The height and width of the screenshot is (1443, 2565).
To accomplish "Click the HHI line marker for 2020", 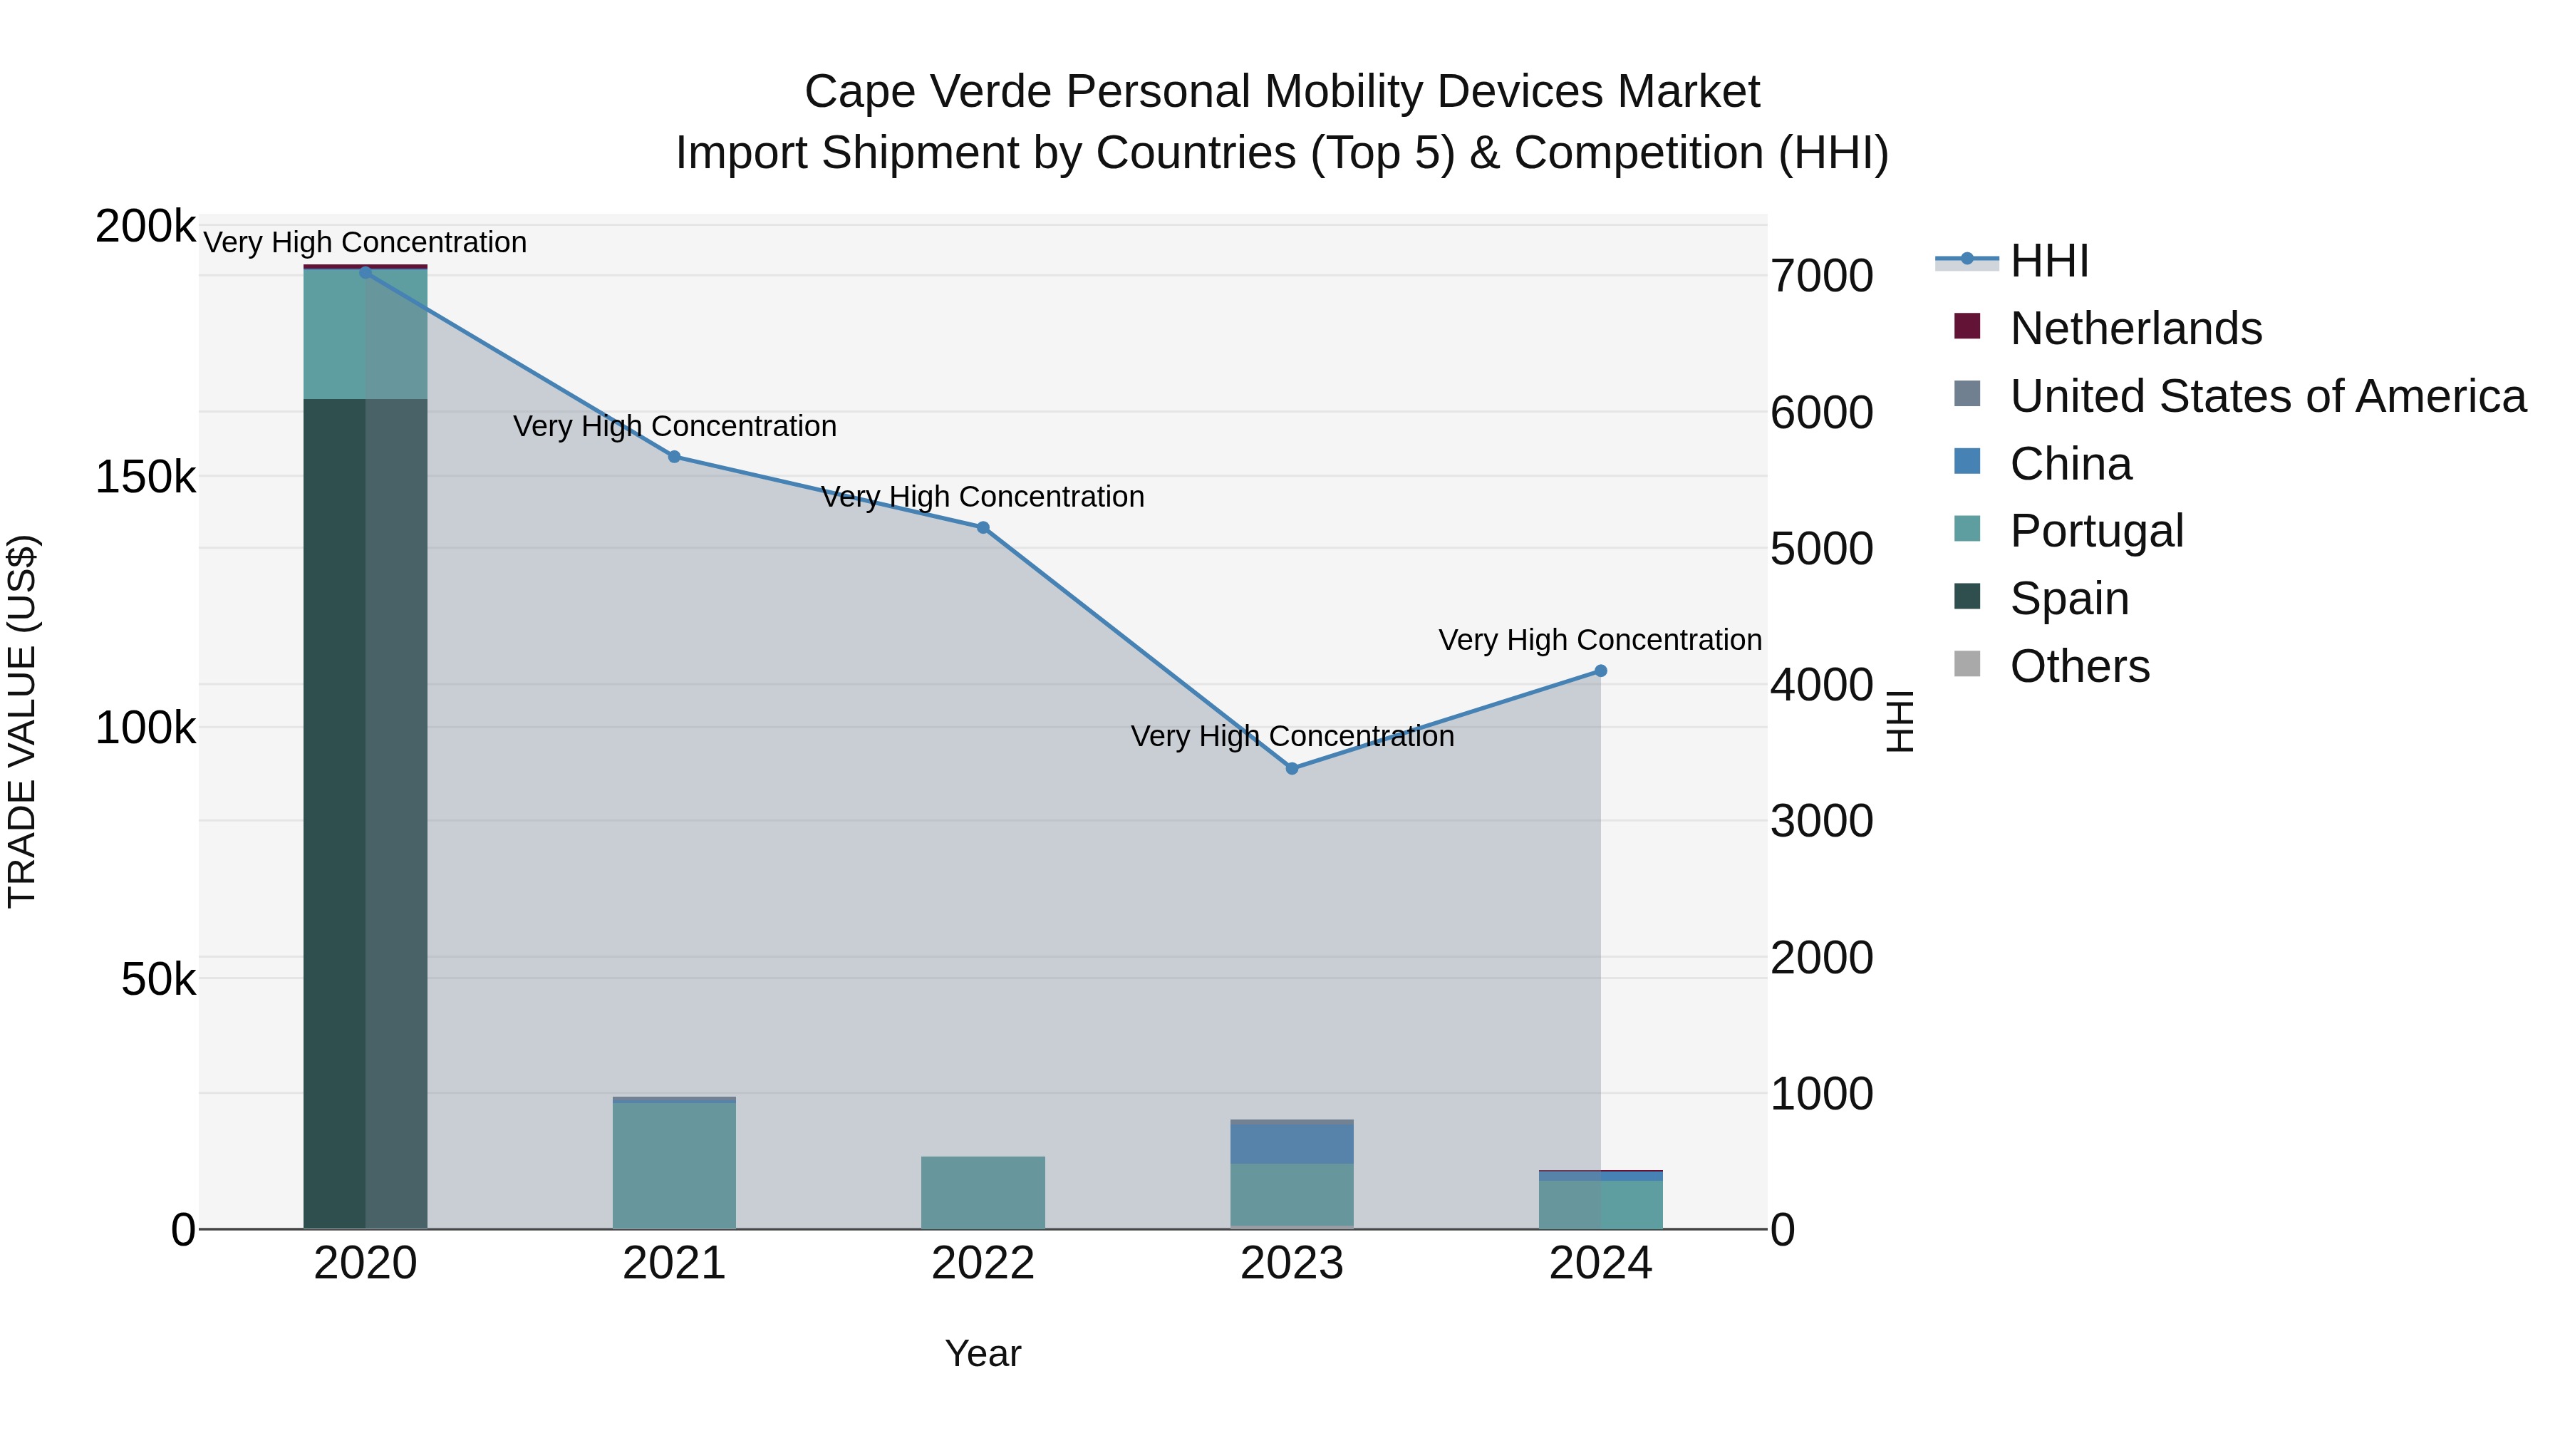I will click(x=366, y=272).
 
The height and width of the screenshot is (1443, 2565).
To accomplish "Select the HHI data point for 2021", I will click(x=674, y=457).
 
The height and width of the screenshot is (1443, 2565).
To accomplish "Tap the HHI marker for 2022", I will click(x=983, y=528).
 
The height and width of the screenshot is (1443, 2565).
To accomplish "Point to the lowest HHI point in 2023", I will click(x=1292, y=769).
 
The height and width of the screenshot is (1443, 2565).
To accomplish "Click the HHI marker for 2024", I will click(x=1600, y=671).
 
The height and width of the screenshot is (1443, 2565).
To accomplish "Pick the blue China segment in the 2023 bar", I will click(x=1292, y=1143).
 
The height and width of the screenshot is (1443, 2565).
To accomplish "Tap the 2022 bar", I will click(x=983, y=1193).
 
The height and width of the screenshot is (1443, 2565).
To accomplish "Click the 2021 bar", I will click(x=674, y=1165).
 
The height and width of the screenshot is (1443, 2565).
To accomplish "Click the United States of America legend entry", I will click(x=2267, y=396).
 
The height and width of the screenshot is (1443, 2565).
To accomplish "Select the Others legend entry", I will click(x=2079, y=666).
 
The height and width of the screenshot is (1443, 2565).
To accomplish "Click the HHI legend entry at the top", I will click(x=2048, y=261).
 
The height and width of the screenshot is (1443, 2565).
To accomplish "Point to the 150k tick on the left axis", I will click(x=145, y=477).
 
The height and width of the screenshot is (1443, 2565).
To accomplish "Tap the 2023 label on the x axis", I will click(x=1292, y=1263).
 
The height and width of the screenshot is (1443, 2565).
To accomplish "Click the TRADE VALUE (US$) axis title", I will click(x=22, y=722).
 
